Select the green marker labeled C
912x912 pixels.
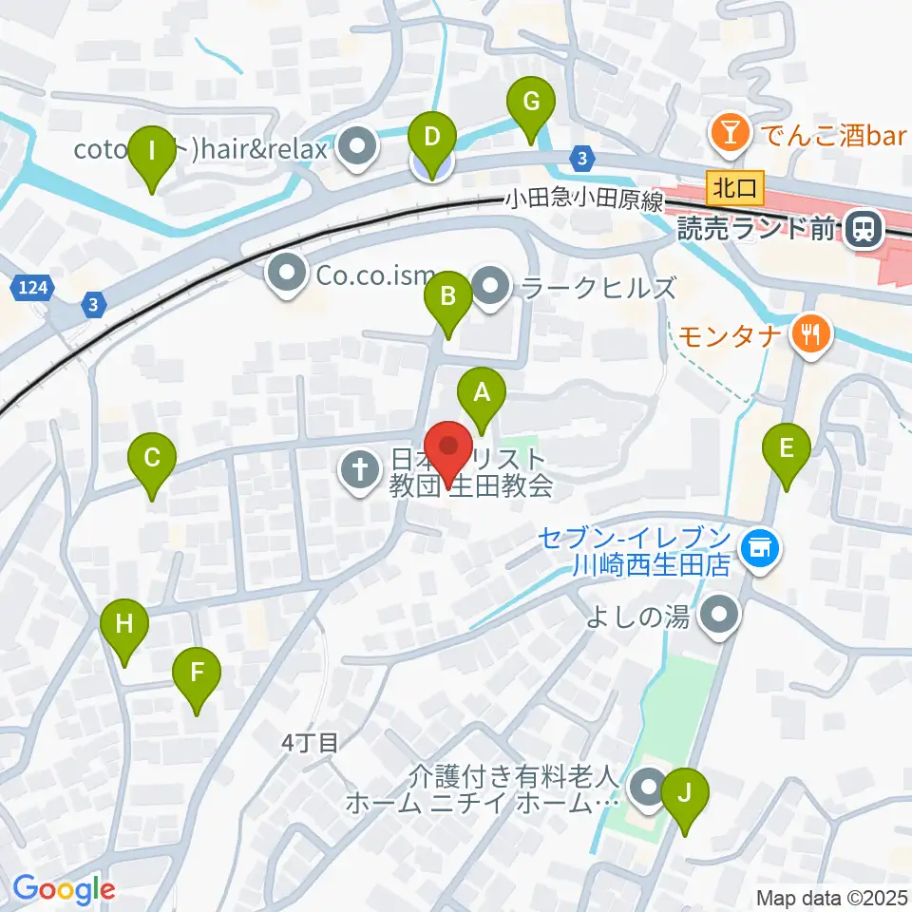pos(152,461)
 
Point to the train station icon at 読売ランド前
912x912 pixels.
pos(864,228)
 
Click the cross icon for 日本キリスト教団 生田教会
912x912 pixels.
pos(360,467)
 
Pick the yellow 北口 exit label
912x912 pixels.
pos(736,187)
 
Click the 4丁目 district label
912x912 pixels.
pos(310,743)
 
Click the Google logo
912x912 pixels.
pos(65,890)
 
